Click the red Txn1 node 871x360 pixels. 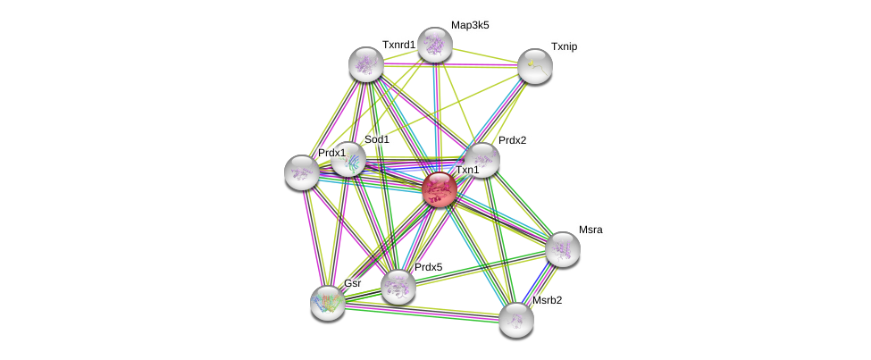[440, 189]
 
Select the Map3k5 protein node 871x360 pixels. [435, 45]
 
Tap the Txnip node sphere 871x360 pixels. [535, 65]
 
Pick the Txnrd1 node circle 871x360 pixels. [366, 63]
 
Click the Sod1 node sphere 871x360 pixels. [348, 159]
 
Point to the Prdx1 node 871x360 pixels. [302, 172]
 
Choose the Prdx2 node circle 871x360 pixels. [482, 160]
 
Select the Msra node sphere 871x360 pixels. [563, 249]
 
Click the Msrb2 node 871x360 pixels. [516, 319]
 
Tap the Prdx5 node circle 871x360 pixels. [398, 286]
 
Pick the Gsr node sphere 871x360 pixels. [328, 302]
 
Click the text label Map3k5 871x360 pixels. [470, 25]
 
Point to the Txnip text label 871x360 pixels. [564, 46]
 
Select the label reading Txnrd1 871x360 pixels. [398, 45]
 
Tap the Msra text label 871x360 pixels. [590, 230]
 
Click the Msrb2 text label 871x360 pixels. [547, 300]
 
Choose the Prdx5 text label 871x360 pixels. [428, 267]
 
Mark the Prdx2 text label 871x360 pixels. [512, 140]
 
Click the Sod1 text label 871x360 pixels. [376, 139]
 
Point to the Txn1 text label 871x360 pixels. [467, 170]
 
